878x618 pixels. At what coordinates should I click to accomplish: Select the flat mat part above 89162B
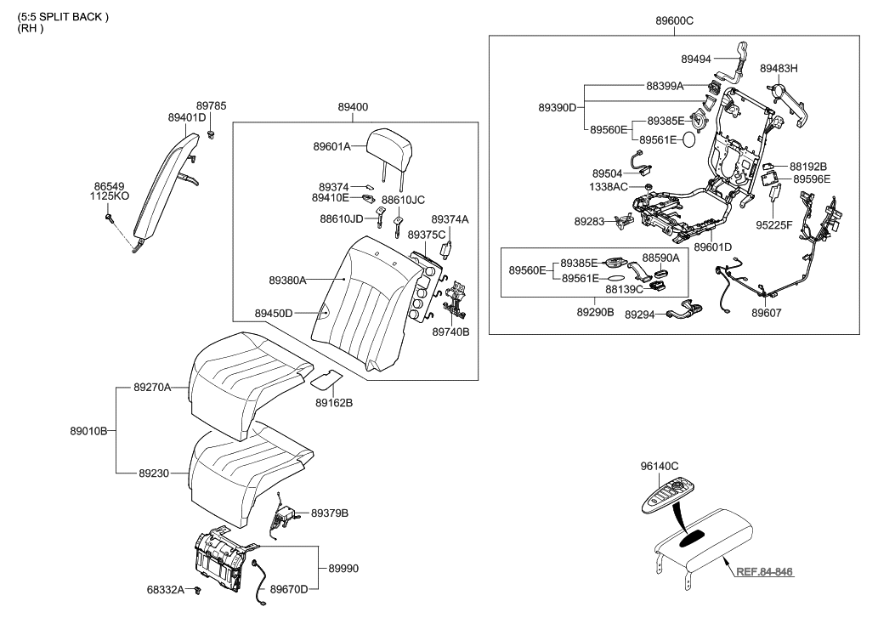(x=329, y=375)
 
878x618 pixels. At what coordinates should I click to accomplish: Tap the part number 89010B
(x=88, y=431)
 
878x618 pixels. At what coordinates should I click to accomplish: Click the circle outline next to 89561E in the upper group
(x=694, y=140)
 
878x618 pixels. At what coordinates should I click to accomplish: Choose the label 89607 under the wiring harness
(x=767, y=313)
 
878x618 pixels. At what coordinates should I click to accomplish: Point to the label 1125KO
(x=110, y=196)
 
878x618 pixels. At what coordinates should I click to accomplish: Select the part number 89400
(x=353, y=107)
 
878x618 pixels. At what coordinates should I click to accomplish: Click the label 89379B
(x=330, y=513)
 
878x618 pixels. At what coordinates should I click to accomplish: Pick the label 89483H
(x=779, y=67)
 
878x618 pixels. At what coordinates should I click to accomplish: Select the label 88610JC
(x=402, y=200)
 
